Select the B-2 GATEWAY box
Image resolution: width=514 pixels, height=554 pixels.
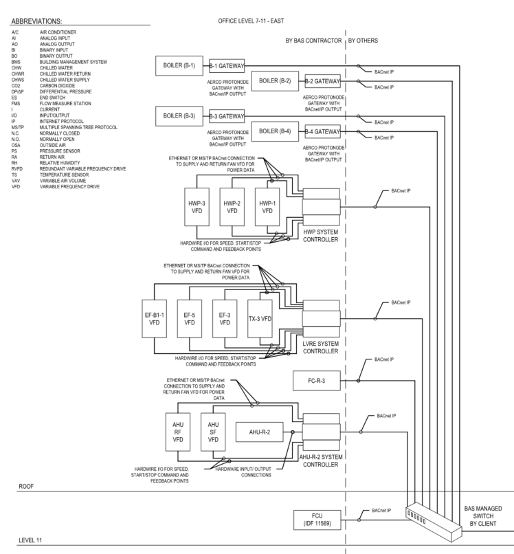[322, 81]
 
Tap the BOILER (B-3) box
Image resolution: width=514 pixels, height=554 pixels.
[179, 115]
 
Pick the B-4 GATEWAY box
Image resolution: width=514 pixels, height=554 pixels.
[322, 131]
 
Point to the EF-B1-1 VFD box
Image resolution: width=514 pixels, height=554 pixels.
[155, 322]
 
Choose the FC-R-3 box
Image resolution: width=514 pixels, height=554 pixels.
[315, 380]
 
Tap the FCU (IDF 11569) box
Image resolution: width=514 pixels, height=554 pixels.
[316, 520]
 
